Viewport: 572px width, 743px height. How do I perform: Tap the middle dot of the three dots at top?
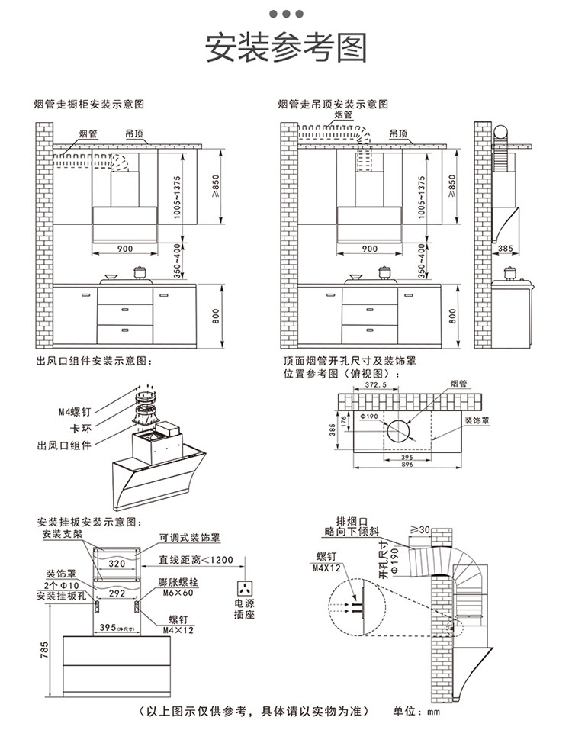pos(287,13)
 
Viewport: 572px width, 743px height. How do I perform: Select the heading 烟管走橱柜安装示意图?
pos(90,103)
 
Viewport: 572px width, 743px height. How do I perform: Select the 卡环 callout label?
pos(81,428)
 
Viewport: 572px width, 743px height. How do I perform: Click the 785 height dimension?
pos(43,649)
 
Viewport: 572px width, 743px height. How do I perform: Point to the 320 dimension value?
pos(116,564)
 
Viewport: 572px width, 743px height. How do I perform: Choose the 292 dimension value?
pos(116,592)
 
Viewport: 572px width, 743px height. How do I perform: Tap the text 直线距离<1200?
pos(196,560)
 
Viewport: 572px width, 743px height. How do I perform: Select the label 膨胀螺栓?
pos(176,581)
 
